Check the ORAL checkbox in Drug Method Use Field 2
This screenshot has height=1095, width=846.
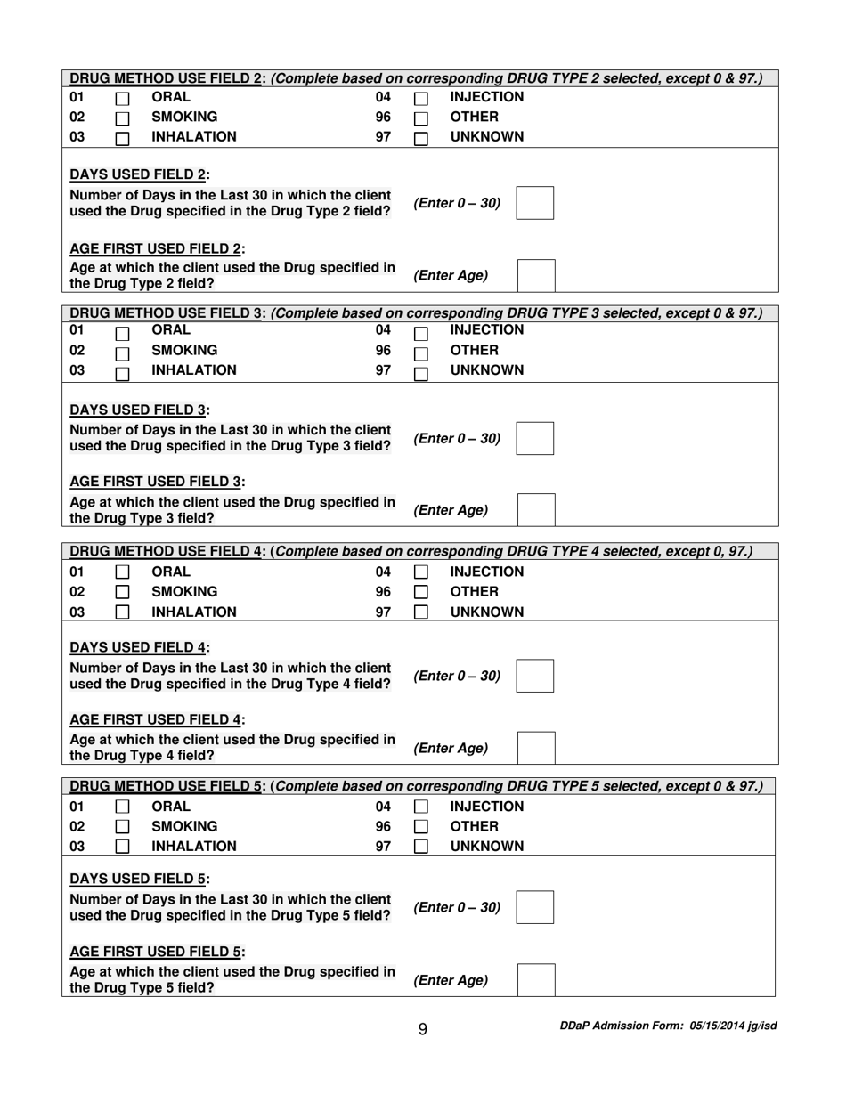point(123,100)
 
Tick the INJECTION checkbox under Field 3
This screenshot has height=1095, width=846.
point(421,333)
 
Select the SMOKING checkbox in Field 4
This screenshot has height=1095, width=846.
point(123,592)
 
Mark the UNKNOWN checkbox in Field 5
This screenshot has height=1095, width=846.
point(421,847)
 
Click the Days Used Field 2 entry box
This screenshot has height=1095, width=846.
point(535,203)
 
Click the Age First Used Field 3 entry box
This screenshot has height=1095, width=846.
point(536,510)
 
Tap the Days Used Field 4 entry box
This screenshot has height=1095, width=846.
point(535,676)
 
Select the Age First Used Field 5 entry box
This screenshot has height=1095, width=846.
point(536,979)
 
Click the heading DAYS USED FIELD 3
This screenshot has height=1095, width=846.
point(140,410)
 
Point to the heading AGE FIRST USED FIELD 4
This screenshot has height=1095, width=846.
point(158,719)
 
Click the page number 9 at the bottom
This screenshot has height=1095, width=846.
point(422,1029)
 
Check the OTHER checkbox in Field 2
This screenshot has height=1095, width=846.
point(421,119)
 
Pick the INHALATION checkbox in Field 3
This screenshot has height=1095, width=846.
point(123,372)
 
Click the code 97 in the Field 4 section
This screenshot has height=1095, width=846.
point(383,612)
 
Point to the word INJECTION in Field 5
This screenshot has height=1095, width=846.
point(486,807)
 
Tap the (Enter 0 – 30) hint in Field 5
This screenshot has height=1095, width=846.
point(457,907)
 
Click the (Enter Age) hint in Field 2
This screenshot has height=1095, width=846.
point(451,275)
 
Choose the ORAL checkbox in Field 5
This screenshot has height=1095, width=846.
point(123,807)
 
